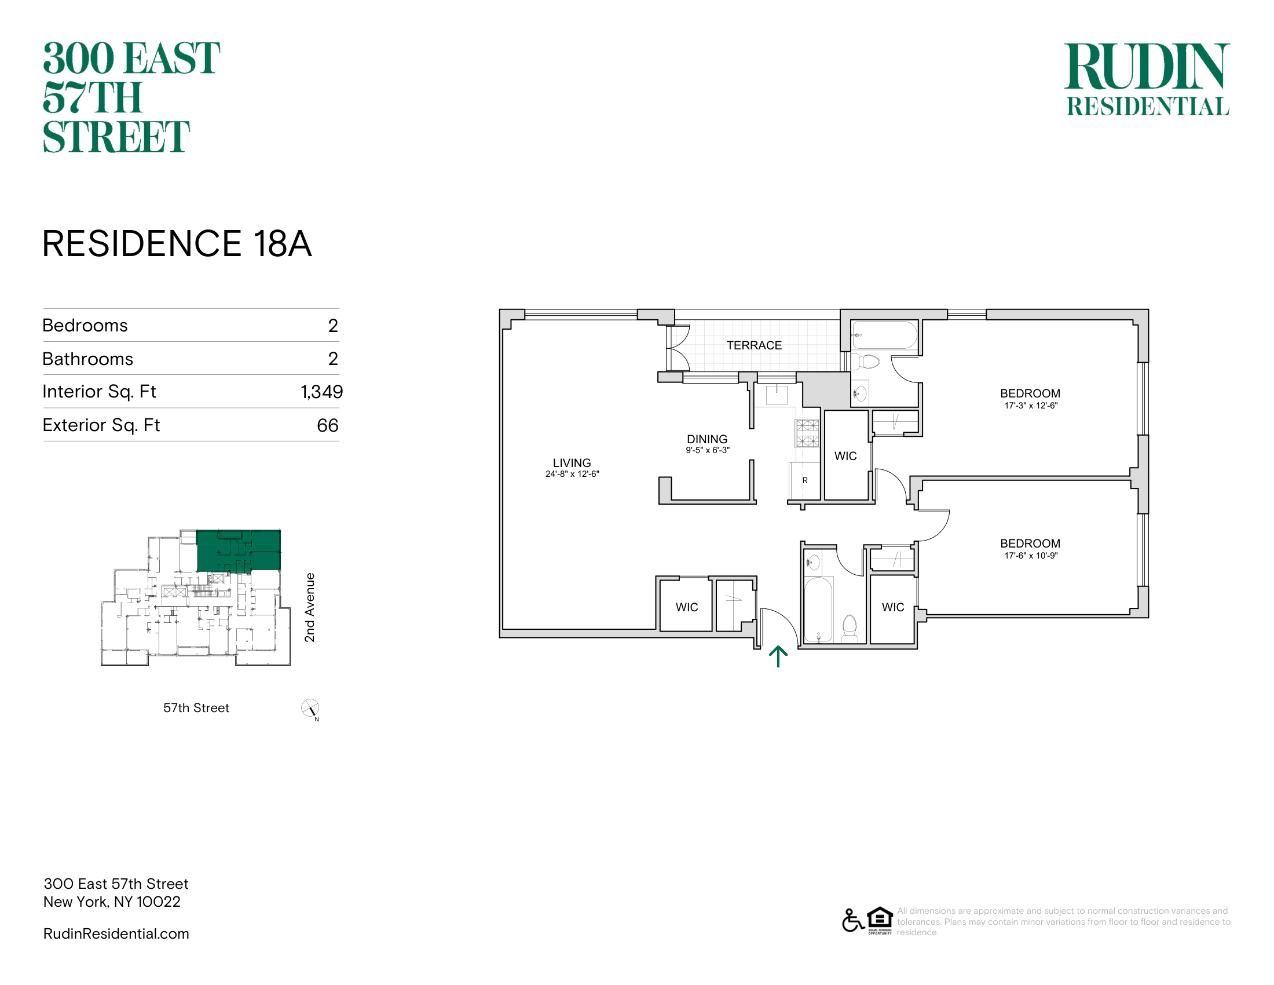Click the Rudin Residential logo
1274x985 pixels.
point(1147,79)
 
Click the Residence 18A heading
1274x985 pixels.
point(177,243)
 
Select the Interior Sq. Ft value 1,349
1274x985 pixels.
point(321,392)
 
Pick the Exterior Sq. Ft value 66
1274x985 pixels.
point(327,425)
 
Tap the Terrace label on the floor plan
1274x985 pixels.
point(753,345)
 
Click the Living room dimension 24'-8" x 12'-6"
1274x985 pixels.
point(572,474)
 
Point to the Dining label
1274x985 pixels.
point(707,439)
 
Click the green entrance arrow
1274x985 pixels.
point(778,656)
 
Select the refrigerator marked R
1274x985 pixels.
point(804,481)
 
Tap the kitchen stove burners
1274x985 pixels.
point(807,433)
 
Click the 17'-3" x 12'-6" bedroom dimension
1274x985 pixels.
point(1031,406)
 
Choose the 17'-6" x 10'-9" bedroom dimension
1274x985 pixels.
point(1031,556)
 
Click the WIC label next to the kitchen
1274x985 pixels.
point(845,457)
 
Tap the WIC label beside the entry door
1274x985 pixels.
point(687,607)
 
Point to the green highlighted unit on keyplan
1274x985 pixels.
point(239,550)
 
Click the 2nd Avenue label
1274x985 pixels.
point(310,607)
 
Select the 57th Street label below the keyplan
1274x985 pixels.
point(196,708)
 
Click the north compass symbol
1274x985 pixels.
point(310,709)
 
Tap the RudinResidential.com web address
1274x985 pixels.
point(116,933)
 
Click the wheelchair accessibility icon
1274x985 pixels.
point(853,921)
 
